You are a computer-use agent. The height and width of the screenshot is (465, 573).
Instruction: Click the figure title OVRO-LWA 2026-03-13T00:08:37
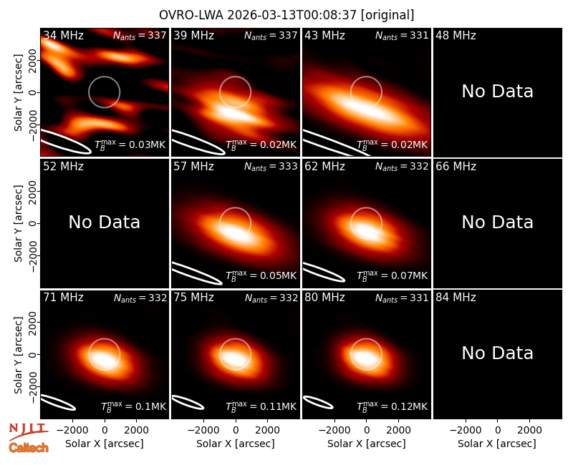click(258, 15)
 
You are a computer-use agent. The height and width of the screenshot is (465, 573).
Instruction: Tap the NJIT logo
click(28, 431)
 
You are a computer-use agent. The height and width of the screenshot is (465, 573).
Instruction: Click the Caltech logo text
click(29, 448)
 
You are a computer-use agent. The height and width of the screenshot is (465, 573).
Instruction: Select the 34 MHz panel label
click(63, 35)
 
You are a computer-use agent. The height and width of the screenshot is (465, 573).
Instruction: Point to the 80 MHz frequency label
click(324, 297)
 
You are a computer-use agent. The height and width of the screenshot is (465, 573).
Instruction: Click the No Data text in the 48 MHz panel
click(497, 92)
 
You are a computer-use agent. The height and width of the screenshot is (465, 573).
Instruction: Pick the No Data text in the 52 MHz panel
click(104, 222)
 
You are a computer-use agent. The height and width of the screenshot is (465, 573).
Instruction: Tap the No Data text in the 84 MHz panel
click(497, 353)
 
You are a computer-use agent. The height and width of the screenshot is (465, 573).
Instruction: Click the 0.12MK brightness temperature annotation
click(392, 406)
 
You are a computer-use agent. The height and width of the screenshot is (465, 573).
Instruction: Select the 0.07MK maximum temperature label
click(392, 275)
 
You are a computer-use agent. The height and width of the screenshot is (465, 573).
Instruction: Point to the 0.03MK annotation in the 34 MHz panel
click(130, 145)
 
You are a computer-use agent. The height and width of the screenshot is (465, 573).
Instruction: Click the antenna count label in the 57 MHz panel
click(271, 167)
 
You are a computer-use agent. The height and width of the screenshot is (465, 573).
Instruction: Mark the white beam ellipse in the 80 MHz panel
click(318, 402)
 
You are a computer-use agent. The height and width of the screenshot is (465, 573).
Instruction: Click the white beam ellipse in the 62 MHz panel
click(324, 272)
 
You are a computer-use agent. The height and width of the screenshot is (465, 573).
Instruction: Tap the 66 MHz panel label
click(456, 167)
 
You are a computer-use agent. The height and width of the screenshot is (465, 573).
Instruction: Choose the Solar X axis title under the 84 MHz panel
click(496, 444)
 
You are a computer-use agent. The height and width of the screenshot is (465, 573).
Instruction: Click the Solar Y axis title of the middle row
click(18, 223)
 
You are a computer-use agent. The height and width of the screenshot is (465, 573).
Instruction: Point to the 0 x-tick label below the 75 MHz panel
click(236, 430)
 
